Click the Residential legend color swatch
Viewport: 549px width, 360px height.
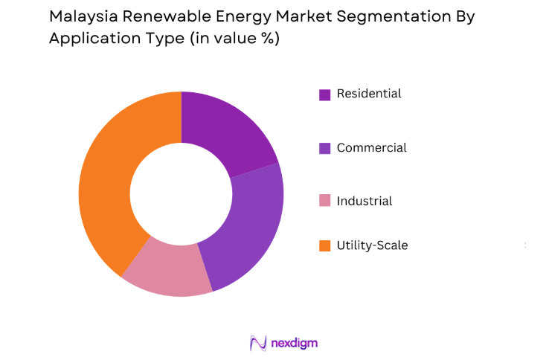click(x=325, y=94)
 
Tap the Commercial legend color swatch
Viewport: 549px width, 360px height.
click(x=325, y=148)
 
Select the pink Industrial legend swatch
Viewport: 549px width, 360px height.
click(x=325, y=202)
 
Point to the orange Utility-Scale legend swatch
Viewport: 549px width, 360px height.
click(x=325, y=246)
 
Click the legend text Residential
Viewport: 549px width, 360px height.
click(x=369, y=94)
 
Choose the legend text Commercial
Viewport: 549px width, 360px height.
click(x=371, y=148)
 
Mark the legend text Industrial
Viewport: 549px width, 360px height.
click(x=365, y=202)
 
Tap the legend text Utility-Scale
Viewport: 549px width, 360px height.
click(x=372, y=245)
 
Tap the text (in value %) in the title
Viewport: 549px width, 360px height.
click(x=230, y=39)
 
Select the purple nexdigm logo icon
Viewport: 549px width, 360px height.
click(x=258, y=342)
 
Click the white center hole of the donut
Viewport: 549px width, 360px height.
click(x=181, y=194)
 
